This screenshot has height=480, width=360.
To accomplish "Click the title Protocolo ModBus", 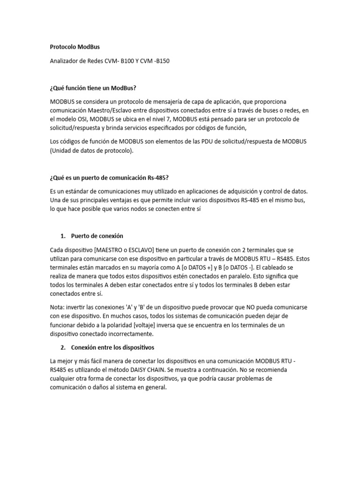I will pos(75,47).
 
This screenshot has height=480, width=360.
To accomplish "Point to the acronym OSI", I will pos(81,119).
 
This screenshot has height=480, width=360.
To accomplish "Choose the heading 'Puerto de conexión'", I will pos(97,235).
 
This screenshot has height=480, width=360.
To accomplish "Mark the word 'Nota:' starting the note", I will pos(58,307).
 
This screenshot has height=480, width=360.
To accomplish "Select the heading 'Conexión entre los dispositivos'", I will pos(112,348).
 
